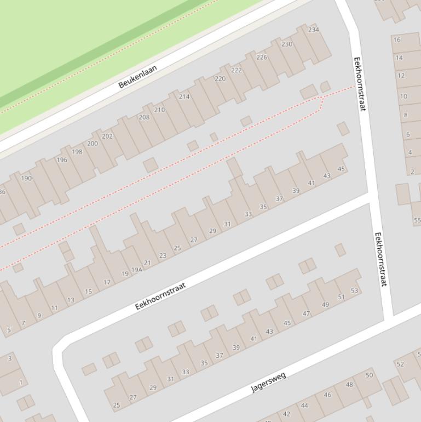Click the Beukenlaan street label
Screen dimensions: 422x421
click(137, 77)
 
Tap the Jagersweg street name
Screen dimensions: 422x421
click(268, 383)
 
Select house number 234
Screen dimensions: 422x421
click(313, 30)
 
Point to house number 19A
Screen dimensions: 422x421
click(136, 269)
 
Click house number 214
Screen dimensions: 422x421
click(184, 96)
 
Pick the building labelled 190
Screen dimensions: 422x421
click(26, 178)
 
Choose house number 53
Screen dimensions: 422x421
click(354, 290)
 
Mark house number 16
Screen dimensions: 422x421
click(397, 39)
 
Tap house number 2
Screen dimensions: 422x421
click(412, 172)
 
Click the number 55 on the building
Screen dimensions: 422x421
click(417, 220)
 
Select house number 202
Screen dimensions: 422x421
click(107, 136)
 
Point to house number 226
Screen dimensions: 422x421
click(262, 57)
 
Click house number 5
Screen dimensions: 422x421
click(9, 330)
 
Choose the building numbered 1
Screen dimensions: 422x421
click(21, 383)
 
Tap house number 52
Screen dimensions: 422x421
click(400, 364)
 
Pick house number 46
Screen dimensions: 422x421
click(327, 395)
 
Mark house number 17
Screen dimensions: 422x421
click(107, 282)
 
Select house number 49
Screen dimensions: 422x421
click(325, 305)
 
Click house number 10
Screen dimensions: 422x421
click(403, 96)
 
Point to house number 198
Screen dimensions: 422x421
click(77, 152)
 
